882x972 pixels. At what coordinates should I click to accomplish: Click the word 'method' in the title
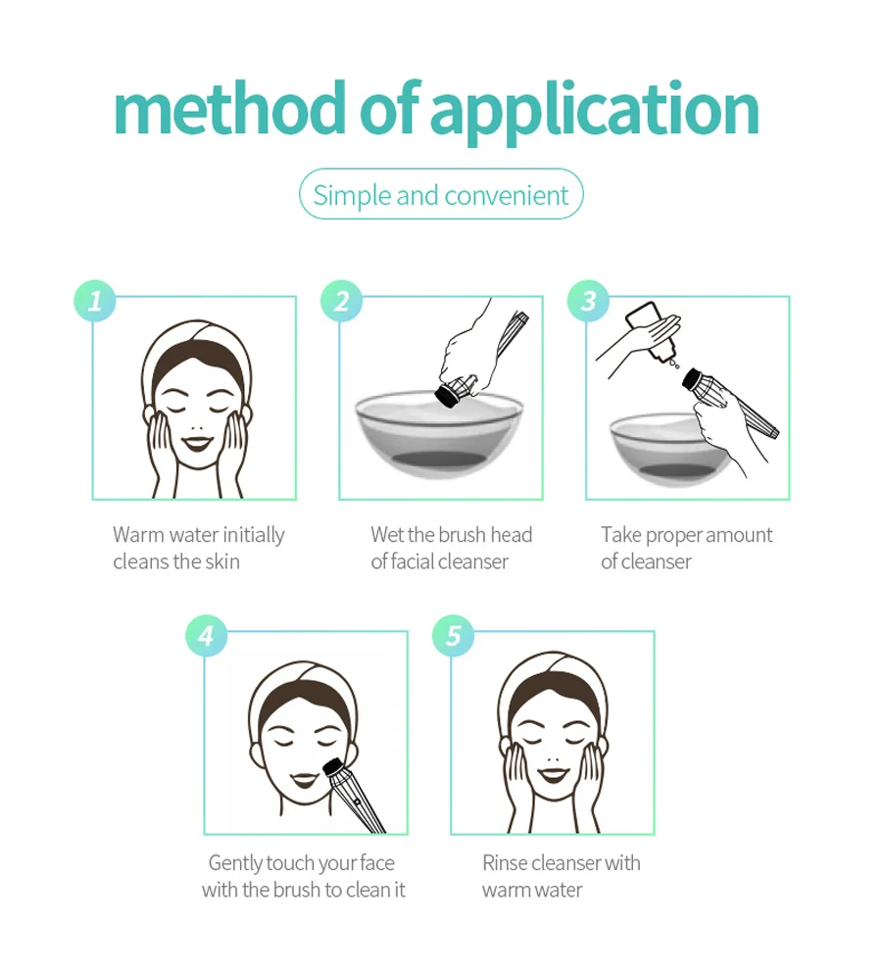click(229, 109)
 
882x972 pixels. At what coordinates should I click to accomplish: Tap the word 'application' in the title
click(595, 113)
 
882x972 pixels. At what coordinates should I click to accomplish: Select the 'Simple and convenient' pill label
click(441, 195)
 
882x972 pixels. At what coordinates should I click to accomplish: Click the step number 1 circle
click(95, 301)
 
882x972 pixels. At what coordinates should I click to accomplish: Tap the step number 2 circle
click(341, 301)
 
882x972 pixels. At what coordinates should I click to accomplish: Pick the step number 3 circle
click(588, 301)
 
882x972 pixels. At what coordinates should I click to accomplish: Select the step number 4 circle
click(207, 635)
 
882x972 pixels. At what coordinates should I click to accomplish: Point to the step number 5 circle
click(453, 635)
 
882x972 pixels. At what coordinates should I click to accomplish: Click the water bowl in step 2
click(439, 434)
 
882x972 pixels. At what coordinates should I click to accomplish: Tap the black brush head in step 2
click(447, 395)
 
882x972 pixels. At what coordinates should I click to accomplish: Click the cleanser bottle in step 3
click(651, 331)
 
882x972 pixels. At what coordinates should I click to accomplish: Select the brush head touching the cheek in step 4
click(334, 769)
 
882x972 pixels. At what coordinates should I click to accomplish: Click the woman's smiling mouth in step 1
click(197, 443)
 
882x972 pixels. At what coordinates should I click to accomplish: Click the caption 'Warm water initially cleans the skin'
click(198, 548)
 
